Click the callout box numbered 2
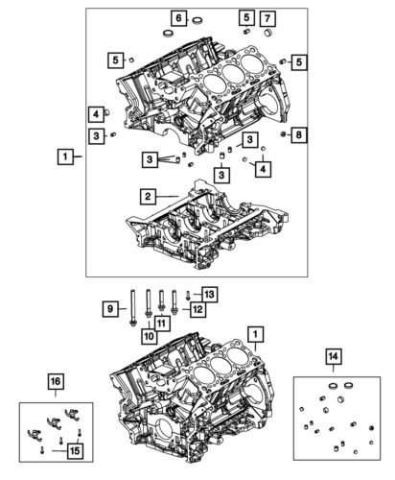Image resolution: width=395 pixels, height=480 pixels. click(x=148, y=197)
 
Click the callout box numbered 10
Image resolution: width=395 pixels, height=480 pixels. click(x=148, y=336)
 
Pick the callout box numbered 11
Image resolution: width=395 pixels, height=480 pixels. click(x=161, y=324)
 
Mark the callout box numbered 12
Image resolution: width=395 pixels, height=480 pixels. click(x=197, y=309)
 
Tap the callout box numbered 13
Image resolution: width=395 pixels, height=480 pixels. click(x=210, y=293)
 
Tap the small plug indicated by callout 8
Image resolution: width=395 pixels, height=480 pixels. click(x=285, y=134)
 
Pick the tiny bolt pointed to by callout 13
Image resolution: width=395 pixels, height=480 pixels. click(x=188, y=296)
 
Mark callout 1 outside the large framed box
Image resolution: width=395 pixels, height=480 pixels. click(x=63, y=155)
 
